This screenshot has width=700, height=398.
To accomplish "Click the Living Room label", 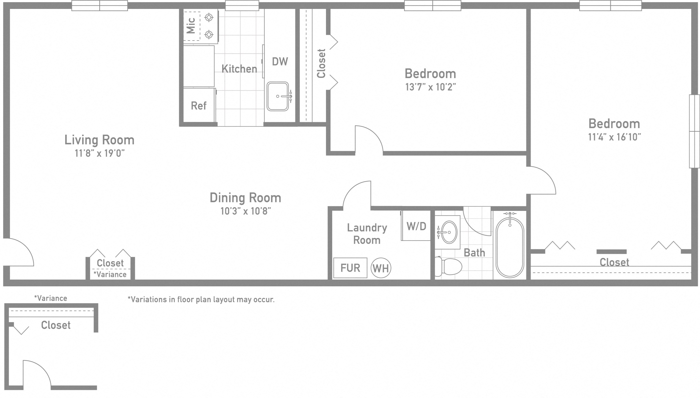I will click(x=99, y=140).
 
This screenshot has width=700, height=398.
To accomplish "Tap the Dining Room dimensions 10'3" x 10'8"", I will click(x=245, y=211).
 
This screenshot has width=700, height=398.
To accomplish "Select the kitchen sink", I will click(x=278, y=96).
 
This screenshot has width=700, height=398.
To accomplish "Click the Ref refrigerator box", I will click(x=199, y=105).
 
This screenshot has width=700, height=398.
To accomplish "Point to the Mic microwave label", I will click(x=191, y=26).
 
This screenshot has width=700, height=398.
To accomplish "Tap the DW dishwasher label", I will click(x=280, y=61).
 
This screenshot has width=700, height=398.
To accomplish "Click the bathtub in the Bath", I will click(x=509, y=247).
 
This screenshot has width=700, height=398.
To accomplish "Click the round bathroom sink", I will click(x=449, y=232).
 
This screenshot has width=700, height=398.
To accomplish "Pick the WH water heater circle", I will click(x=381, y=268).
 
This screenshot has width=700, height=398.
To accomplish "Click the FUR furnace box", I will click(x=350, y=268).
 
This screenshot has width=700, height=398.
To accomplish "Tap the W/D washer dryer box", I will click(x=416, y=226).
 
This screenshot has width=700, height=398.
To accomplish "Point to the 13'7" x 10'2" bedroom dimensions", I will click(x=430, y=87).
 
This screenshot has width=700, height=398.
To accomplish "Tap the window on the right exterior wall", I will click(x=694, y=131).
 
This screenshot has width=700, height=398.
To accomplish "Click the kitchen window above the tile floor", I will click(x=242, y=5).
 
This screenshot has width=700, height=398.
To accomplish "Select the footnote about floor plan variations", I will click(x=201, y=300).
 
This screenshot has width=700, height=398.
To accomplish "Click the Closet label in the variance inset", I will click(x=56, y=325).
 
